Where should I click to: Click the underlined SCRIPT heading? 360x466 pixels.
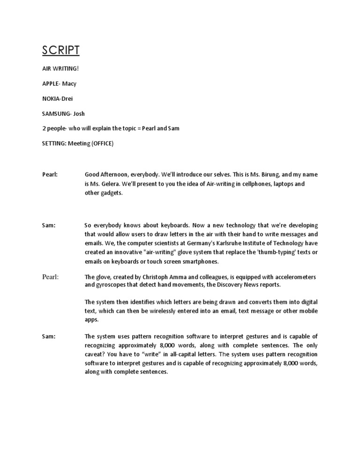click(61, 51)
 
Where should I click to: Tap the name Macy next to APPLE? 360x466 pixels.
click(69, 83)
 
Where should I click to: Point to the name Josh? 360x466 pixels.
click(80, 113)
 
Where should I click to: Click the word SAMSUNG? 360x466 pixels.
click(56, 113)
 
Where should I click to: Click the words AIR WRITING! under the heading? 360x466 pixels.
click(60, 68)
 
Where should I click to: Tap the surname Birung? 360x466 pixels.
click(276, 174)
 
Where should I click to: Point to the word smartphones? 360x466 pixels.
click(196, 262)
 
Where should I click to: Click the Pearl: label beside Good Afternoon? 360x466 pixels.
click(50, 174)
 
